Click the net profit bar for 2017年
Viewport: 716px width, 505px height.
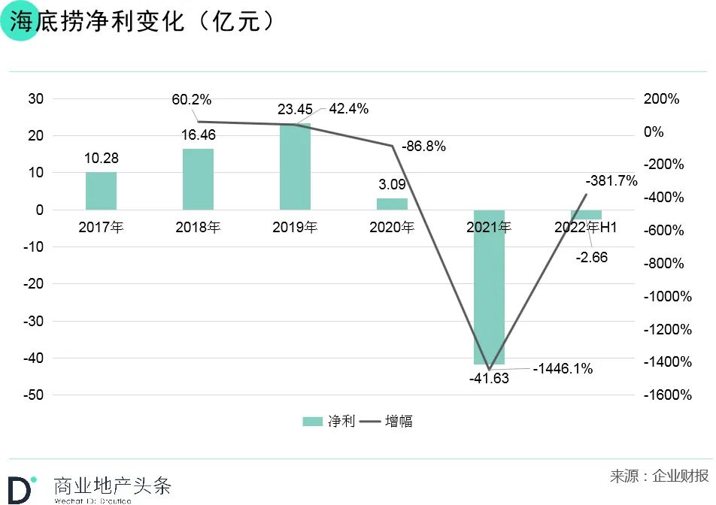[101, 191]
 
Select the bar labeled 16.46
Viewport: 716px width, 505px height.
[198, 179]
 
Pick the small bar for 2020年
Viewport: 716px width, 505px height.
[392, 204]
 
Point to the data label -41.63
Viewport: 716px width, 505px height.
[489, 379]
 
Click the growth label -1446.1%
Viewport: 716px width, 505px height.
[563, 369]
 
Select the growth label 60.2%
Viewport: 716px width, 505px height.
[192, 100]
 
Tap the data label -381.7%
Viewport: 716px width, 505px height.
[611, 180]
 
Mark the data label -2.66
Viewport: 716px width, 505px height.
[592, 258]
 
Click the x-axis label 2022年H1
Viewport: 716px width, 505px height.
[586, 228]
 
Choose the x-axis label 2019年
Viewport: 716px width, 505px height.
[295, 228]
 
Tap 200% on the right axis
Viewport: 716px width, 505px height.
[662, 99]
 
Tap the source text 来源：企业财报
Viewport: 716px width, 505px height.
[659, 476]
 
